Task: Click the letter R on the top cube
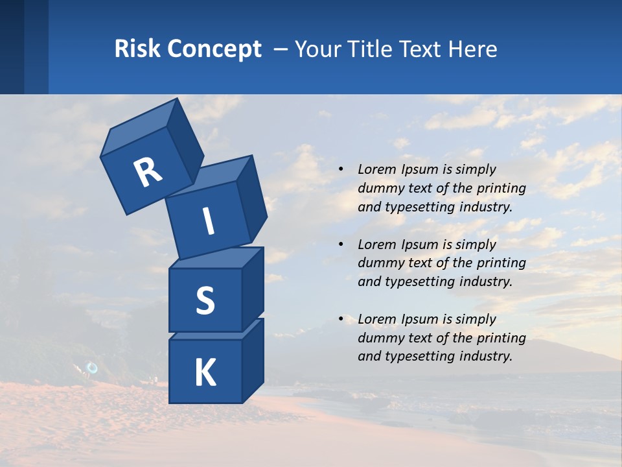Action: pos(148,172)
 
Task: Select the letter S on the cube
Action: pos(205,300)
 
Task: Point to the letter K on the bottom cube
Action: pos(205,374)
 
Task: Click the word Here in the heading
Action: pos(472,49)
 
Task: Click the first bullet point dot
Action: pos(341,169)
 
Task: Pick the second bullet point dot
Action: pos(341,245)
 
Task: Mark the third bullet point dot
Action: pos(341,319)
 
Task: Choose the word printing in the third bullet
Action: pos(503,338)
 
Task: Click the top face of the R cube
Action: pos(140,126)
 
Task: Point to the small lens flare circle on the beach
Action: pos(92,368)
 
